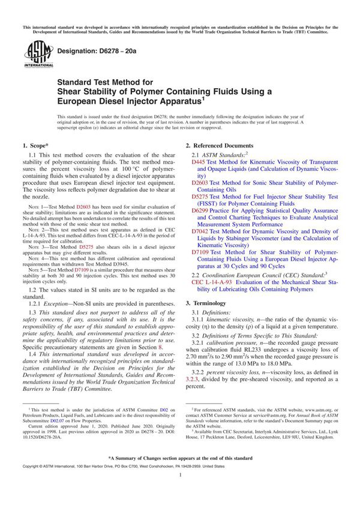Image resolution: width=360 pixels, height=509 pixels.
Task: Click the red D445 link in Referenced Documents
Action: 199,162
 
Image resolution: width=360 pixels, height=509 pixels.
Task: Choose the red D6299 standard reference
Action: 200,212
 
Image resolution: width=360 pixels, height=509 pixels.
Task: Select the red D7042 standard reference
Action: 200,231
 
